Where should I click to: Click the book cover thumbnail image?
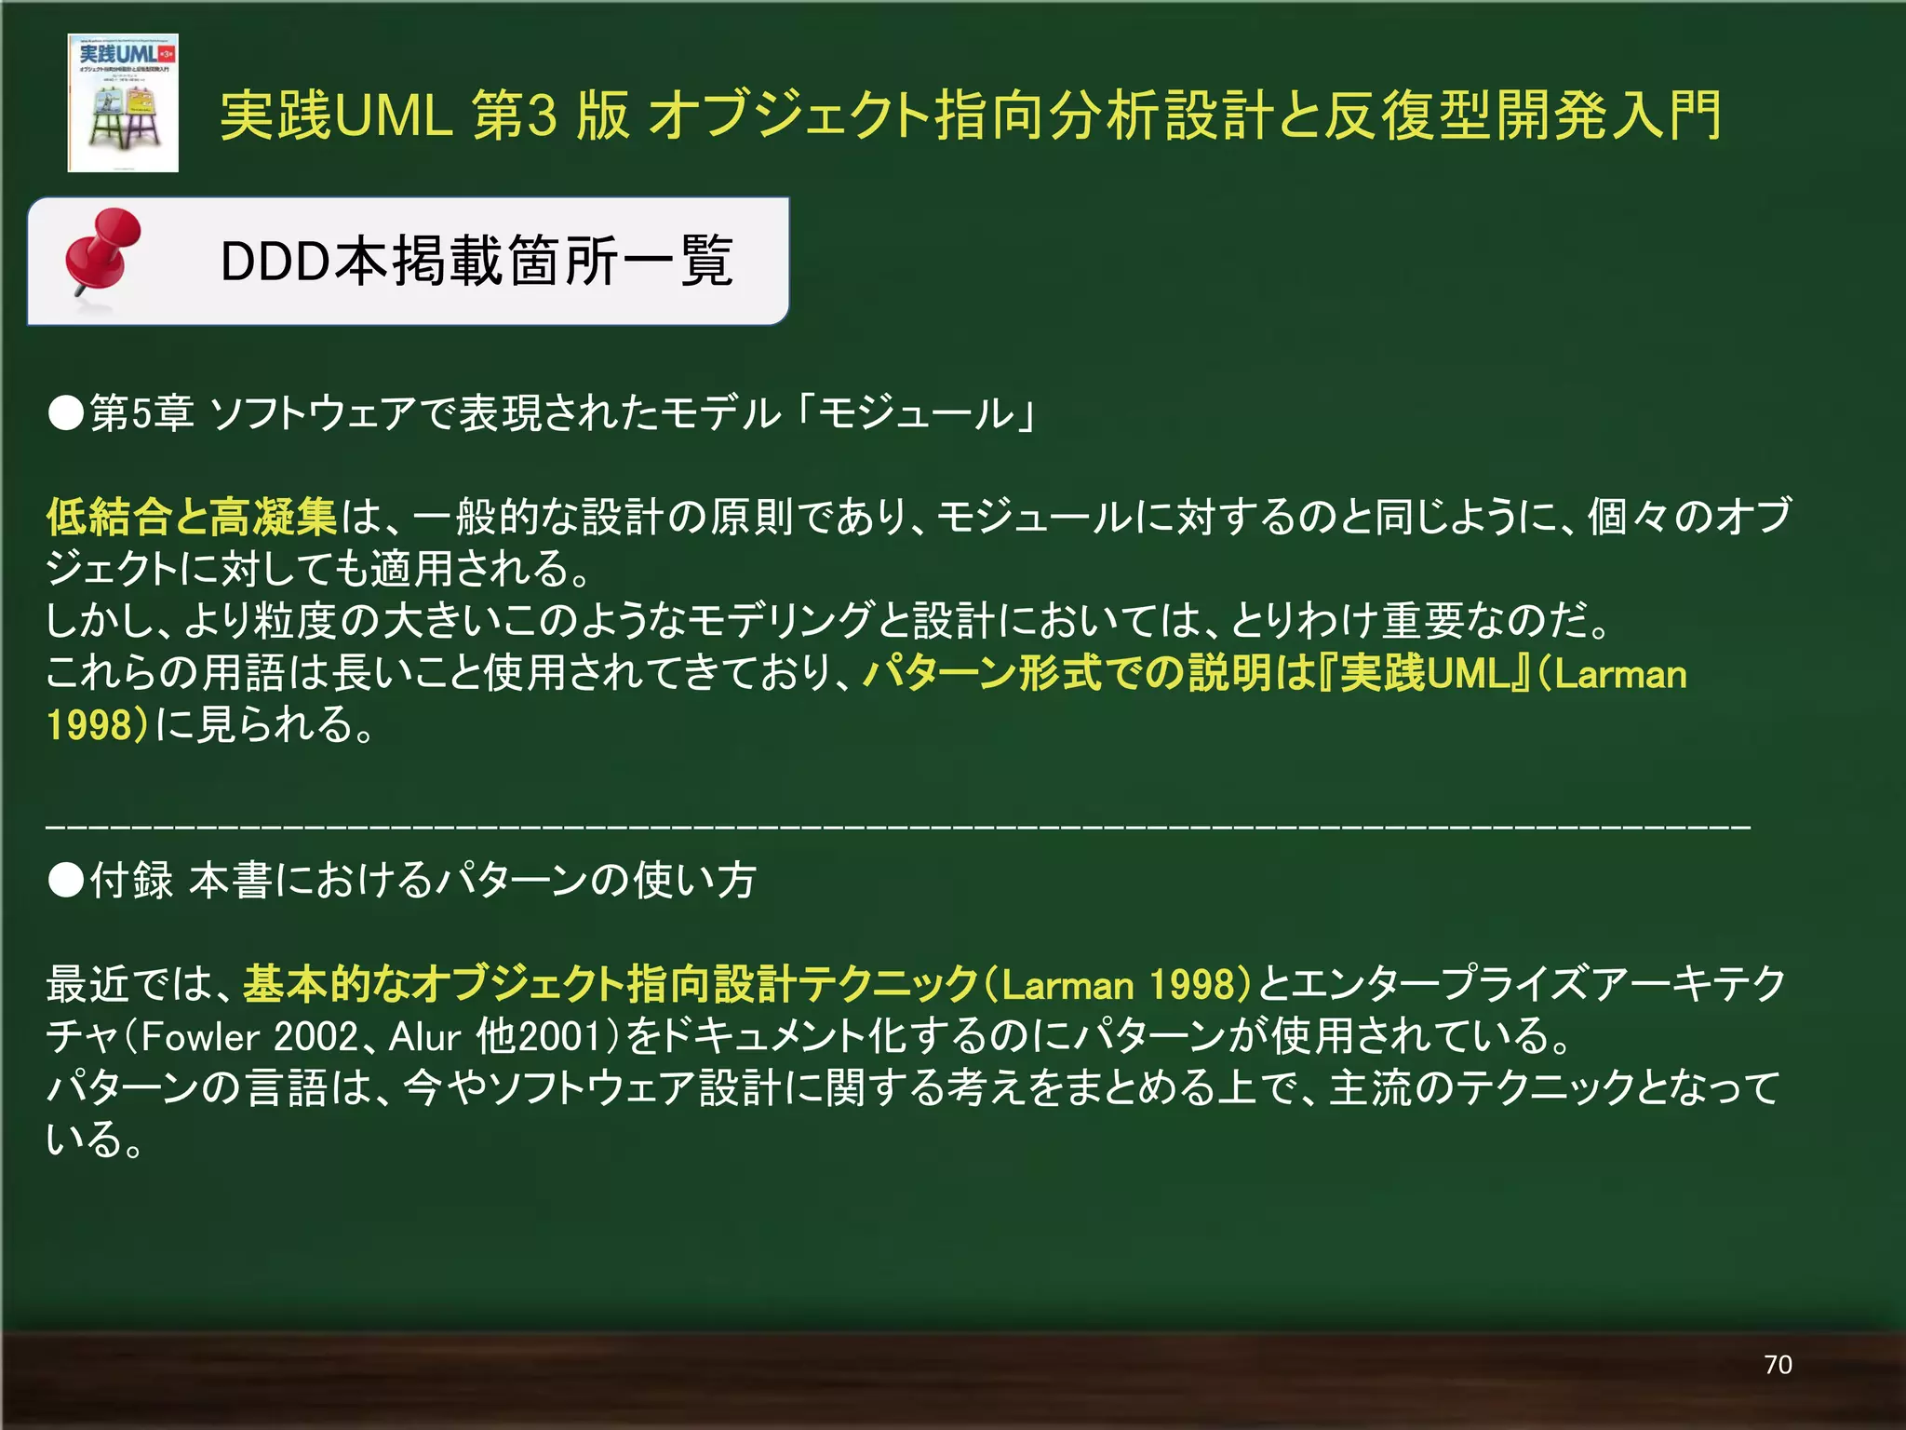[x=123, y=102]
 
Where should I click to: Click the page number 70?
[x=1778, y=1365]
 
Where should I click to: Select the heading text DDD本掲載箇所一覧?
[x=476, y=262]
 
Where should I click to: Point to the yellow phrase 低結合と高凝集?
[x=192, y=518]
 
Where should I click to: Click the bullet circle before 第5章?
[x=66, y=413]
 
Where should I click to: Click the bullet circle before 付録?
[x=66, y=880]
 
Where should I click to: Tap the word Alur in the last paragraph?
[x=424, y=1036]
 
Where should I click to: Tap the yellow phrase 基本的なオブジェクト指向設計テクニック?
[x=611, y=984]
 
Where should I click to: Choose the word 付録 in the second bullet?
[x=131, y=880]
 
